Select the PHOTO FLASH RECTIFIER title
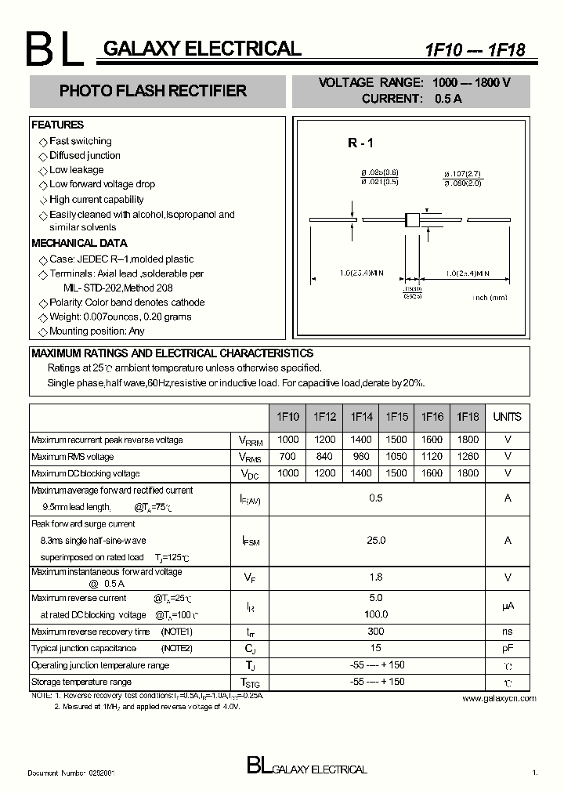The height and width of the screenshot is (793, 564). (153, 91)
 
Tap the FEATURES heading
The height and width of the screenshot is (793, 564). (57, 125)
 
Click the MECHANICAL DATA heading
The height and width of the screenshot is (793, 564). (79, 243)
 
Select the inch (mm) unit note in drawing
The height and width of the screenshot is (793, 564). (490, 297)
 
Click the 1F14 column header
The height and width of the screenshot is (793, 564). (361, 417)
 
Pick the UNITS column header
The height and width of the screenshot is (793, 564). (507, 417)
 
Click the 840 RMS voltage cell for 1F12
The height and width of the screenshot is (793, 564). (324, 457)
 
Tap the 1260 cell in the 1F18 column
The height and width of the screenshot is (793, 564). (468, 457)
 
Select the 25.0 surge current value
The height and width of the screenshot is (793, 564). (376, 540)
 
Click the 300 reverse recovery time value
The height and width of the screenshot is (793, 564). (376, 632)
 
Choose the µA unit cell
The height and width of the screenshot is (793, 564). (507, 607)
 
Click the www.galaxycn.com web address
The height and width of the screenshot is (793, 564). (499, 698)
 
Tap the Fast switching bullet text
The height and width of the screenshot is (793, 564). (80, 141)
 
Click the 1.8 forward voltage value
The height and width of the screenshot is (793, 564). (376, 578)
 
